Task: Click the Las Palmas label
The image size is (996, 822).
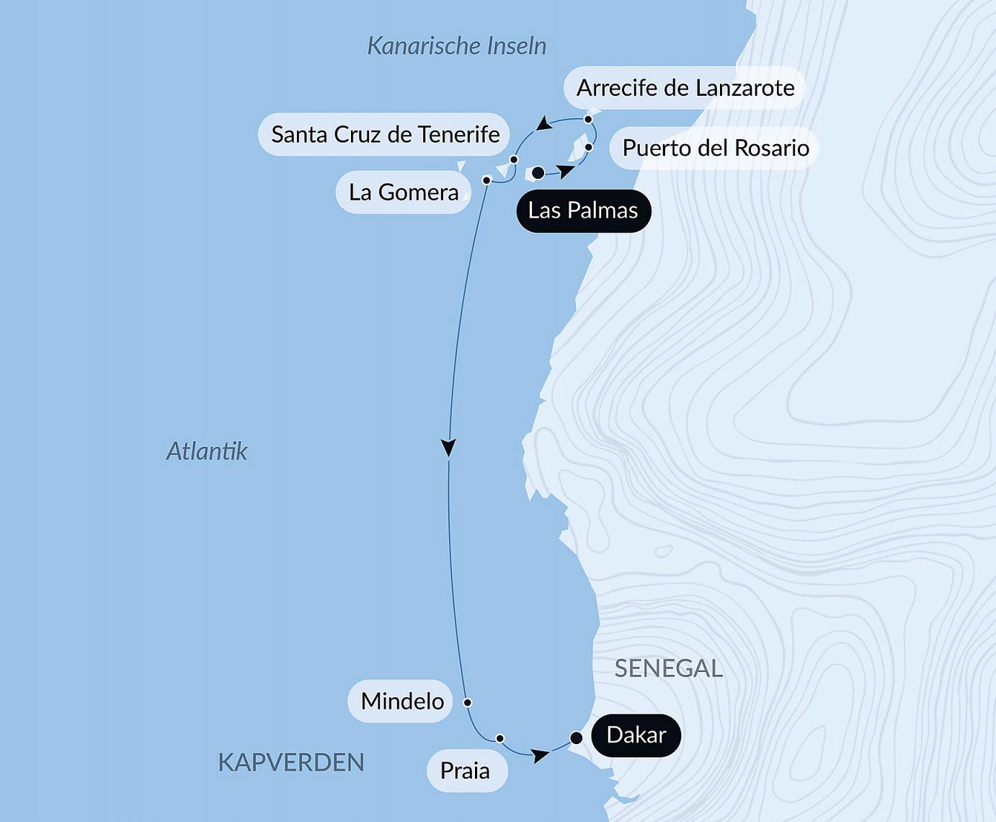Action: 583,211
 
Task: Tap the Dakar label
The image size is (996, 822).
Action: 636,735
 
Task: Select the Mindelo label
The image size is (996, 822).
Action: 401,701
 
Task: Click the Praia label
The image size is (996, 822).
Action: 465,771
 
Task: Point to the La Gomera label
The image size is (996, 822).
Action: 403,193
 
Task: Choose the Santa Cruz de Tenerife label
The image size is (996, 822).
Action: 385,134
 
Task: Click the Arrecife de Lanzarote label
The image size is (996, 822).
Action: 685,88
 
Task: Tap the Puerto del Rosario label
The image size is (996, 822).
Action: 715,149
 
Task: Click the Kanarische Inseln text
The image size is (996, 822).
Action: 456,46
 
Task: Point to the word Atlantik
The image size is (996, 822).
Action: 207,451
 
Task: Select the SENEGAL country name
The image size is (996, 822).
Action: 668,668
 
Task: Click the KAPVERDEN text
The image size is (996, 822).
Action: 291,762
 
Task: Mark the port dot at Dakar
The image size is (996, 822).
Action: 576,738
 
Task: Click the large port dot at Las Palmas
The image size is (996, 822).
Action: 538,173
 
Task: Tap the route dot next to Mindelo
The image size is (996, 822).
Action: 467,702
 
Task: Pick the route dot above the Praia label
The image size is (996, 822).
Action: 499,738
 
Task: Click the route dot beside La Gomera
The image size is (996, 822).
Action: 486,180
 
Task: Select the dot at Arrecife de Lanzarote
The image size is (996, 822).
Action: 588,119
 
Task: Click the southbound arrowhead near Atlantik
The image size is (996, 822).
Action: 448,447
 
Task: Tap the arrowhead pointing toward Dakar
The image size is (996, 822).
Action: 539,756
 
